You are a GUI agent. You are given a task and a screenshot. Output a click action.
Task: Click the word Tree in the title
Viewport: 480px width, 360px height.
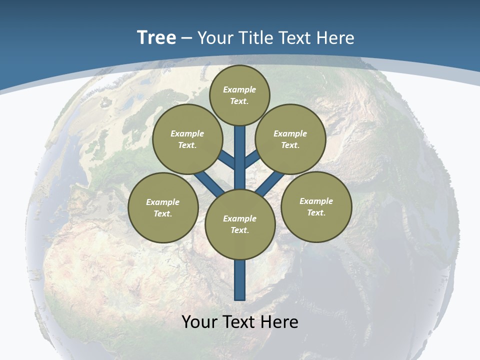tap(156, 38)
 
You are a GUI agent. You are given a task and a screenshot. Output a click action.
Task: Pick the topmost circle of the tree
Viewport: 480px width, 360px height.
tap(239, 95)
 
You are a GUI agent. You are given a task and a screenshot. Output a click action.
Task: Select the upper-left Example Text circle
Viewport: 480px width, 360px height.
tap(187, 139)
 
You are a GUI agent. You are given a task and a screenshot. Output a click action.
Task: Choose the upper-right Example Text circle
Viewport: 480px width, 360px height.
tap(290, 139)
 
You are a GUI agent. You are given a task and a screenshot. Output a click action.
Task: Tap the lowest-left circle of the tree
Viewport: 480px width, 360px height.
tap(163, 207)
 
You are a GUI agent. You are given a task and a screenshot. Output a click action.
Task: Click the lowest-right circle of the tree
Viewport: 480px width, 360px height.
tap(316, 206)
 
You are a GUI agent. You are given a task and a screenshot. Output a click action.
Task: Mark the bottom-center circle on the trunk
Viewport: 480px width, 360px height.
tap(240, 224)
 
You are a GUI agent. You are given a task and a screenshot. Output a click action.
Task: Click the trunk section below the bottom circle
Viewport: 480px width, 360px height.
tap(240, 280)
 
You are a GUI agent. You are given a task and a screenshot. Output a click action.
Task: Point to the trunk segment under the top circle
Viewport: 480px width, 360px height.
tap(240, 150)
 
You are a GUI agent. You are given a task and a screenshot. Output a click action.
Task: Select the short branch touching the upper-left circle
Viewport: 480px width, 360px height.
tap(226, 160)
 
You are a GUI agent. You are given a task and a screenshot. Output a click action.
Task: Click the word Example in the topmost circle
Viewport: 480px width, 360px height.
tap(239, 89)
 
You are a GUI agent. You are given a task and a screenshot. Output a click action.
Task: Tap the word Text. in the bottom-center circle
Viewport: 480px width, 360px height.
tap(239, 230)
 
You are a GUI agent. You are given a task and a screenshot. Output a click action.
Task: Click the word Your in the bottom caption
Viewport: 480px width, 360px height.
tap(199, 321)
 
